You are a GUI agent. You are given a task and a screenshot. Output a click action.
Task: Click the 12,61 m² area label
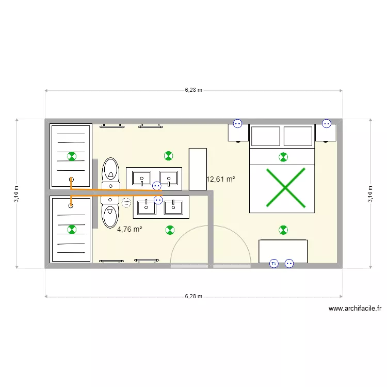[221, 180]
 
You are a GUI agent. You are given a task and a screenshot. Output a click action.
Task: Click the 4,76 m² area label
[130, 230]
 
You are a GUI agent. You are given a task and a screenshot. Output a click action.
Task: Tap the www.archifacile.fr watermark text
[355, 309]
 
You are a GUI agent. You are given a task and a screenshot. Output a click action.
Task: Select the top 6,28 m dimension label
[193, 90]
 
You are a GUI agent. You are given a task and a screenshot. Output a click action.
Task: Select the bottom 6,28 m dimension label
[193, 296]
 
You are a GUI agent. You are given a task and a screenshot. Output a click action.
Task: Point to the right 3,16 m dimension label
[370, 194]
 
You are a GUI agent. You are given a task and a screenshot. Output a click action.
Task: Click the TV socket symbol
[274, 263]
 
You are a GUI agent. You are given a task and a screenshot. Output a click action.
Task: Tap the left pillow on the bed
[265, 136]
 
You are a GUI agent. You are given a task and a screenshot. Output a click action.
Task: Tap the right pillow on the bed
[298, 136]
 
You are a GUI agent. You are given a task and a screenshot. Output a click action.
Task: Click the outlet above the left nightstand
[237, 123]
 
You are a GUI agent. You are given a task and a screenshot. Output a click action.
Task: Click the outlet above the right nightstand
[326, 123]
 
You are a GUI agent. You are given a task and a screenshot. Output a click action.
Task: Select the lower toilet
[110, 215]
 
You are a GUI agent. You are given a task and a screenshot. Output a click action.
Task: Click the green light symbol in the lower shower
[72, 229]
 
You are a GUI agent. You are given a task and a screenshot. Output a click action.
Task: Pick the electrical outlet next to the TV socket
[289, 263]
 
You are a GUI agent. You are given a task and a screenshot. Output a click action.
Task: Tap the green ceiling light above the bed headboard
[283, 157]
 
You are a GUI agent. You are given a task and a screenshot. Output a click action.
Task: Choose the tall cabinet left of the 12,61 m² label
[198, 169]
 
